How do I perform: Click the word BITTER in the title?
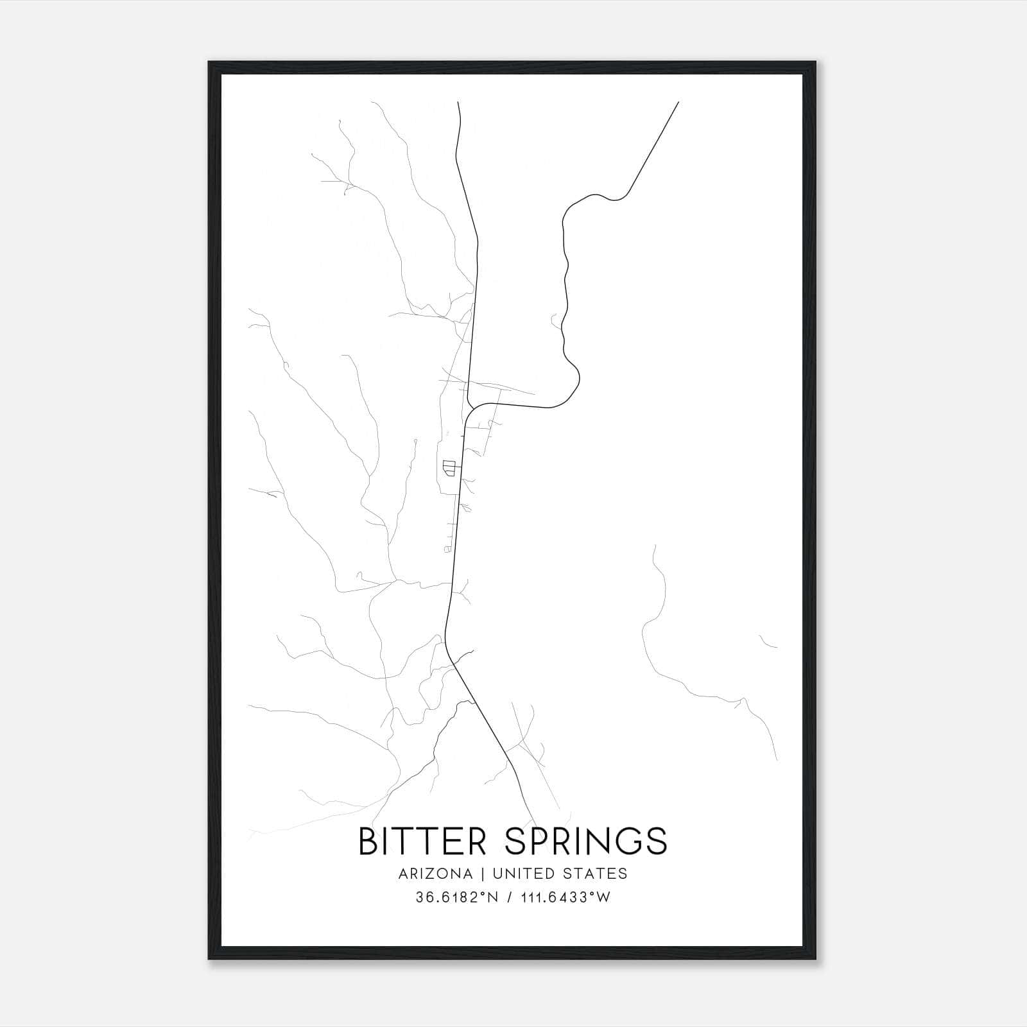(422, 841)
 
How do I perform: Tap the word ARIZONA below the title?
(435, 874)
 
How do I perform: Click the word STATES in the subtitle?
(597, 874)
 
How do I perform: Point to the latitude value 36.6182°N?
(457, 897)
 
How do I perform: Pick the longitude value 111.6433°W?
(565, 897)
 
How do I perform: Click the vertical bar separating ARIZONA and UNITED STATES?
(479, 874)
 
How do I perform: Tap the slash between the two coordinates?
(509, 897)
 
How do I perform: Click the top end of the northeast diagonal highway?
(678, 102)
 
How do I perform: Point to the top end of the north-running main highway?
(458, 102)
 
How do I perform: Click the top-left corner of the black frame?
(209, 62)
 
